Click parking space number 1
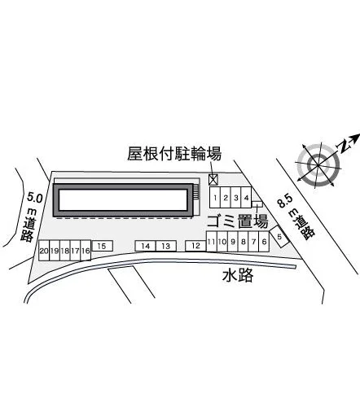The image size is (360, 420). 214,198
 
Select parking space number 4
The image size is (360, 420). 246,198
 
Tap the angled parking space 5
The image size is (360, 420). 279,236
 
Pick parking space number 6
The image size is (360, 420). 264,242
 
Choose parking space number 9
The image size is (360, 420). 233,242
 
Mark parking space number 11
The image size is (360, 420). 212,242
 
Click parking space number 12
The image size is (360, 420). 195,246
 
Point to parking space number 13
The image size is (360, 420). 166,246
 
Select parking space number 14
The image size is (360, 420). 146,246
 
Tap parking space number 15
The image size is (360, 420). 102,246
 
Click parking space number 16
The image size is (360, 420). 86,251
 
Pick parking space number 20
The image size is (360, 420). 44,251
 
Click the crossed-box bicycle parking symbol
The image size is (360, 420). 213,180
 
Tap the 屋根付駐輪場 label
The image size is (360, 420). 174,154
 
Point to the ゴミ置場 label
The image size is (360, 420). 238,221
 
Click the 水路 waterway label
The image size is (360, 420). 238,274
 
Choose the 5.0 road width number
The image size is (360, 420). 35,198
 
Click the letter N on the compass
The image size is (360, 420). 343,146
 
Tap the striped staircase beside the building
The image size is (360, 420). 196,191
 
